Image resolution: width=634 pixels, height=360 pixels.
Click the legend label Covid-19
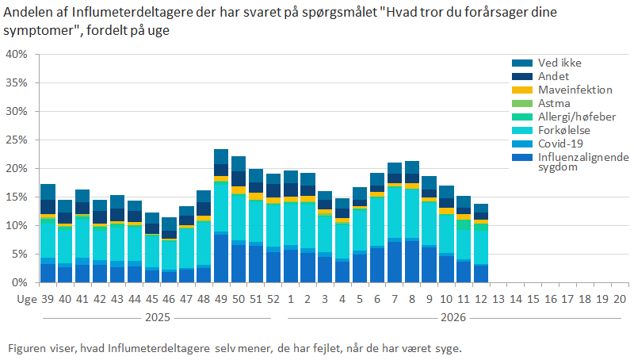560,144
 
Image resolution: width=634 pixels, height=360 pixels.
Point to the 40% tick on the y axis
17,54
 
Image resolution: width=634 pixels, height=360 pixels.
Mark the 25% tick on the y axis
17,140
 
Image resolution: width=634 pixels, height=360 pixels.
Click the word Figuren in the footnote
26,348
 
